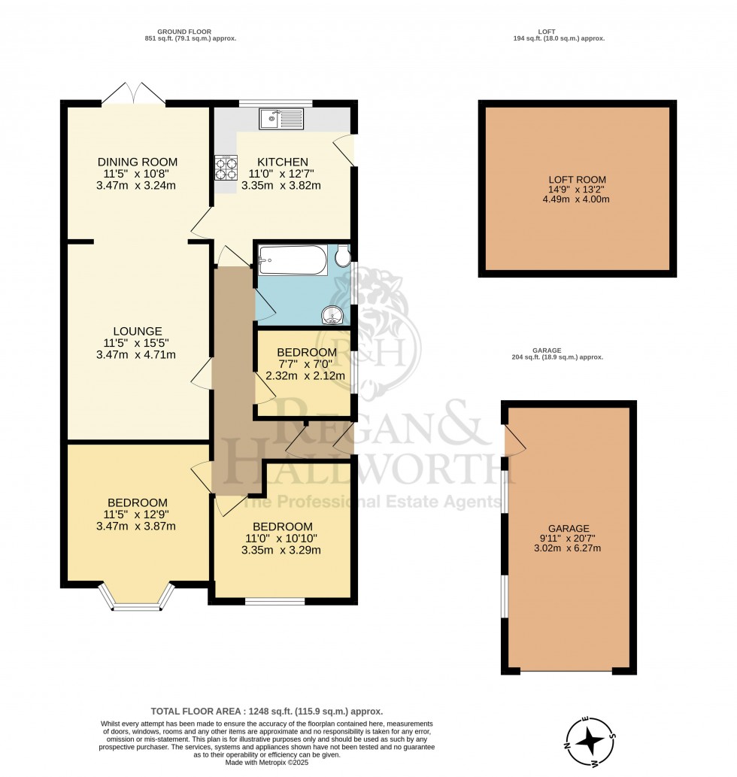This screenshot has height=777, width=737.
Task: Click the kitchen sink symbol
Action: coord(281,119)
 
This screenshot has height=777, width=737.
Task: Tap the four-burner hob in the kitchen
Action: coord(226,168)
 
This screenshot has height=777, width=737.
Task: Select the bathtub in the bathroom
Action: coord(293,260)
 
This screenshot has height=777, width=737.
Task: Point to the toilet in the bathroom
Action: coord(343,256)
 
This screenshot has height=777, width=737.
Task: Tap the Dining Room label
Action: coord(137,162)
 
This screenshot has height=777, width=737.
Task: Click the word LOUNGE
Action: coord(138,331)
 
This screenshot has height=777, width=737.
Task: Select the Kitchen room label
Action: coord(283,162)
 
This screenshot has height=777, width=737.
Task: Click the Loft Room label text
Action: coord(577,180)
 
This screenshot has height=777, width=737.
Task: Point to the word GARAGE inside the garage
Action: coord(569,529)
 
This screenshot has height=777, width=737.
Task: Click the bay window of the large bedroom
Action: coord(137,597)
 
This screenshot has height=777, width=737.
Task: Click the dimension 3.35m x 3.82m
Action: coord(281,186)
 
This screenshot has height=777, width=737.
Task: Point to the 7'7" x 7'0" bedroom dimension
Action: coord(307,364)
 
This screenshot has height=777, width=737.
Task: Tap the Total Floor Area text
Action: coord(266,711)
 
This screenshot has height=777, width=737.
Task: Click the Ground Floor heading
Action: coord(184,32)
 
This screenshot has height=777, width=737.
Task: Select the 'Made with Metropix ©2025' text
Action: coord(266,762)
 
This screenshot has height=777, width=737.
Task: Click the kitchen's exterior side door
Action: coord(344,150)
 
